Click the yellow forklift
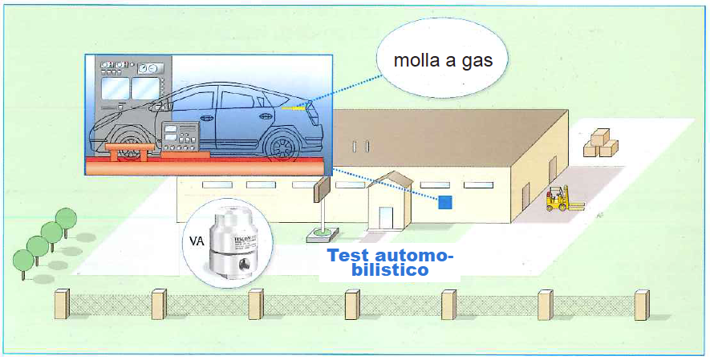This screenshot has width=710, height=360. pos(557,199)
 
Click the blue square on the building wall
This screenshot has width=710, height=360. pos(444,202)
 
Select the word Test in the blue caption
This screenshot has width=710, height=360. pos(354,257)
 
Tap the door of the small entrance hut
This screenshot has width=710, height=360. pos(386,217)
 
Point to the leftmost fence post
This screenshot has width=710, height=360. pos(62,305)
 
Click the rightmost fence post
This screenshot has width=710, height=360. pos(641,305)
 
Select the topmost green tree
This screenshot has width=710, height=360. pos(66,218)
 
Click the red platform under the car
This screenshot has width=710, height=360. pos(209,167)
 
